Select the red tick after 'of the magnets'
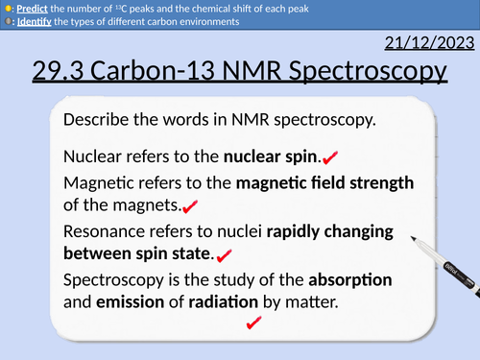coord(190,206)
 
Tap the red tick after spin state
coord(227,255)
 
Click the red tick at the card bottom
coord(254,325)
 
